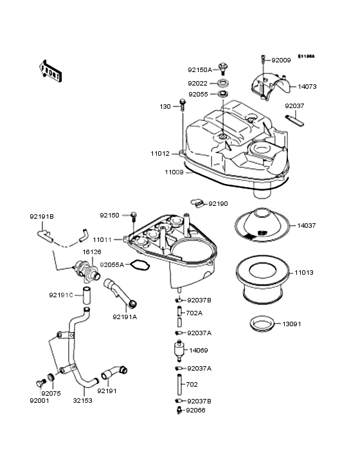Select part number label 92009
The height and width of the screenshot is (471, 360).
pyautogui.click(x=281, y=60)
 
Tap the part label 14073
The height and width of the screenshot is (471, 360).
pyautogui.click(x=306, y=86)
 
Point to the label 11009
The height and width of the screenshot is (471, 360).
pyautogui.click(x=174, y=172)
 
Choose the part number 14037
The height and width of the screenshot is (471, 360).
pyautogui.click(x=306, y=226)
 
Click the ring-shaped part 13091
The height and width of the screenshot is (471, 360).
pyautogui.click(x=262, y=324)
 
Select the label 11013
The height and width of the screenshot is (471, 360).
pyautogui.click(x=306, y=273)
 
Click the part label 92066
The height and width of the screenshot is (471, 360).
pyautogui.click(x=197, y=410)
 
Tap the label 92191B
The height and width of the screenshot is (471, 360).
pyautogui.click(x=42, y=217)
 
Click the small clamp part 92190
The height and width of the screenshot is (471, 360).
pyautogui.click(x=198, y=204)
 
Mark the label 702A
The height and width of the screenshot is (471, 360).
pyautogui.click(x=194, y=313)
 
